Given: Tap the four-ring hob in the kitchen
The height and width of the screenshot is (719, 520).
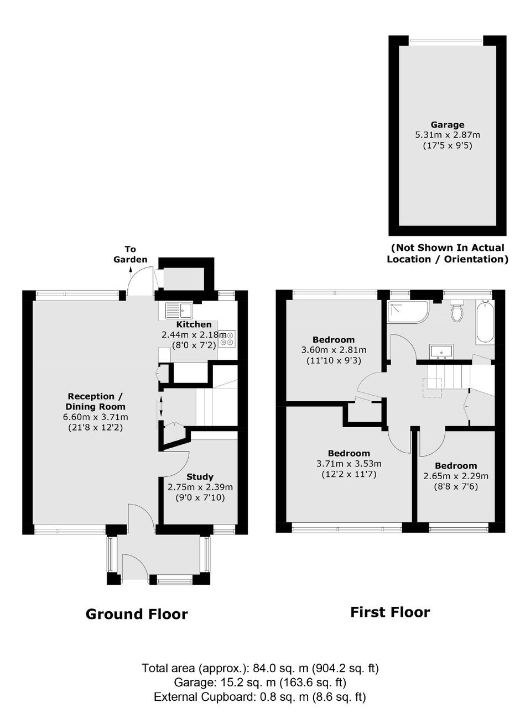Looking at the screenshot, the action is [x=227, y=339].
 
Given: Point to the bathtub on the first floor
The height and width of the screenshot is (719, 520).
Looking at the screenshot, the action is [x=485, y=323].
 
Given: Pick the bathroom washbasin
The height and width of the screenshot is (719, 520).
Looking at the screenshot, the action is [x=441, y=351].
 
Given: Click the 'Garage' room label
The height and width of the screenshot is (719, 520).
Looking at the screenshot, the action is [x=448, y=124].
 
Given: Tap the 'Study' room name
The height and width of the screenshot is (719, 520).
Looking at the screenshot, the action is [x=200, y=476].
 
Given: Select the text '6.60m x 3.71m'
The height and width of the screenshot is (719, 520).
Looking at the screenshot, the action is [x=96, y=417].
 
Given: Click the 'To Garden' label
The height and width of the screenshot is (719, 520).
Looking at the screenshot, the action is [x=130, y=254].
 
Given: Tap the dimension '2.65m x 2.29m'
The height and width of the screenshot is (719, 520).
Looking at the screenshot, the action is [x=456, y=476].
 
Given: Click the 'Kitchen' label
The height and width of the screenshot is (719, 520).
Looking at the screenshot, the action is [x=194, y=324].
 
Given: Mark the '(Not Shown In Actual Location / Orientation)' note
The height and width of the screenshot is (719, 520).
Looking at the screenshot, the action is [x=448, y=253].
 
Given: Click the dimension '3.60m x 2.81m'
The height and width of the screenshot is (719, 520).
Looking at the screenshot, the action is [x=334, y=349].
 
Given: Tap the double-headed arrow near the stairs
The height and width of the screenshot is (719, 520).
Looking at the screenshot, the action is [x=160, y=407].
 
